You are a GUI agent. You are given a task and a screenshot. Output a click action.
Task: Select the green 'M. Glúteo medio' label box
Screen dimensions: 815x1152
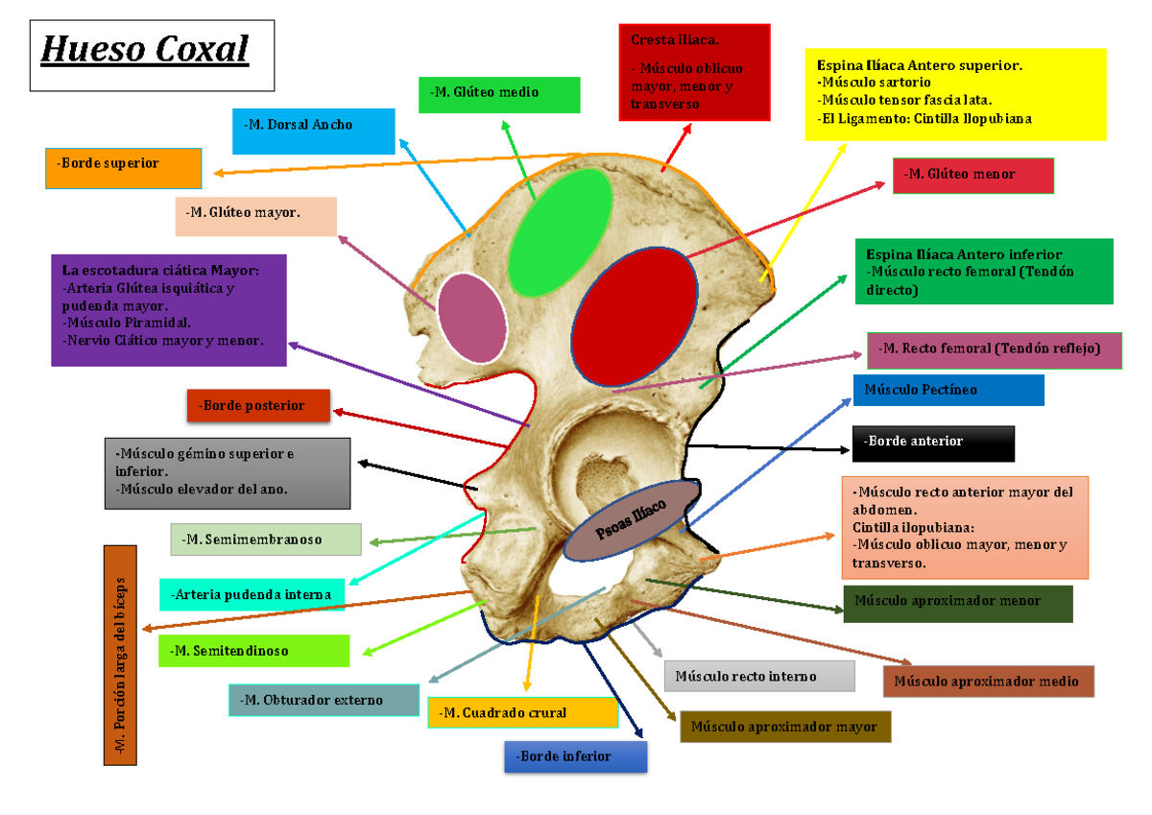[x=499, y=94]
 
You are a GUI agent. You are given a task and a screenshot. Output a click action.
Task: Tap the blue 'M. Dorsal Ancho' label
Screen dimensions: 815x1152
[x=313, y=131]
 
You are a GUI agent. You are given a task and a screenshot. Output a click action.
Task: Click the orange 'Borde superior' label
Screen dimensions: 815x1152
[x=123, y=167]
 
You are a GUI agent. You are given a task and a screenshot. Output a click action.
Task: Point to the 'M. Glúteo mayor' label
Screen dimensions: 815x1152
[x=255, y=216]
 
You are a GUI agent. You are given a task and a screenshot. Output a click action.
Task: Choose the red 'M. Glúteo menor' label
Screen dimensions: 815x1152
[x=973, y=175]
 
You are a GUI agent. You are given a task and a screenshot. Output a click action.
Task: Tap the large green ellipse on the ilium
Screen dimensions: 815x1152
[x=560, y=232]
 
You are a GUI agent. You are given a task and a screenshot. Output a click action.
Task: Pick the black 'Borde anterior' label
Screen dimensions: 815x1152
[x=932, y=443]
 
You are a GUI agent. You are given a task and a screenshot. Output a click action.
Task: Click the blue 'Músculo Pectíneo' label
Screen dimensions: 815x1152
[x=948, y=390]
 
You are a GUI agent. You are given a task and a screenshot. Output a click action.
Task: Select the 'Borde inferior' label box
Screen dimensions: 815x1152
[x=575, y=756]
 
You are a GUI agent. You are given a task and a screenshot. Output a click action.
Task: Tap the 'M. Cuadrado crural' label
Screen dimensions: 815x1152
[x=522, y=712]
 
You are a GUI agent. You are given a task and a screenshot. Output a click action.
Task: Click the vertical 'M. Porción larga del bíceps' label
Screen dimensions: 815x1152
[x=120, y=656]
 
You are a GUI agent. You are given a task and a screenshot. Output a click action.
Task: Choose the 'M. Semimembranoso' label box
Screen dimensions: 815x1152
[x=265, y=539]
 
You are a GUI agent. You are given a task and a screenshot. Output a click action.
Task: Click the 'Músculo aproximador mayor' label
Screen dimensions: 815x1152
[x=785, y=727]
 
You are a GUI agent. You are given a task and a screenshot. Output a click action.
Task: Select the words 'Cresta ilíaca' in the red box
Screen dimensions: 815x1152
[x=674, y=40]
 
